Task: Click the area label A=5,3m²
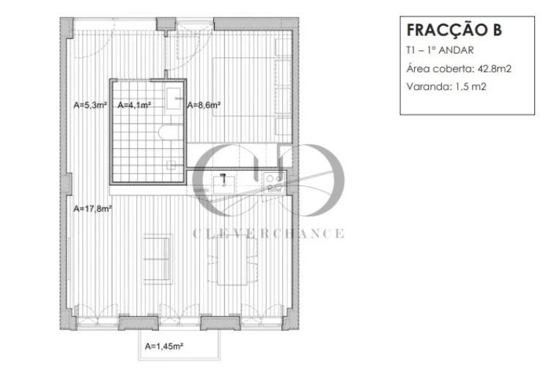coord(90,105)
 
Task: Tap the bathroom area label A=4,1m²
coord(134,105)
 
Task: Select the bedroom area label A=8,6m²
coord(205,105)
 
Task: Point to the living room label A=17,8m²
coord(93,208)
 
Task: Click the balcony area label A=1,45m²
coord(163,345)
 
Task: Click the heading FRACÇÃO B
coord(454,31)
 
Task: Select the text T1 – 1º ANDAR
coord(439,51)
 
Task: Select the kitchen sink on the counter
coord(222,179)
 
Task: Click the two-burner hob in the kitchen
coord(274,179)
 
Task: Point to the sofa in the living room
coord(157,258)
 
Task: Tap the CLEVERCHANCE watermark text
coord(268,233)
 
